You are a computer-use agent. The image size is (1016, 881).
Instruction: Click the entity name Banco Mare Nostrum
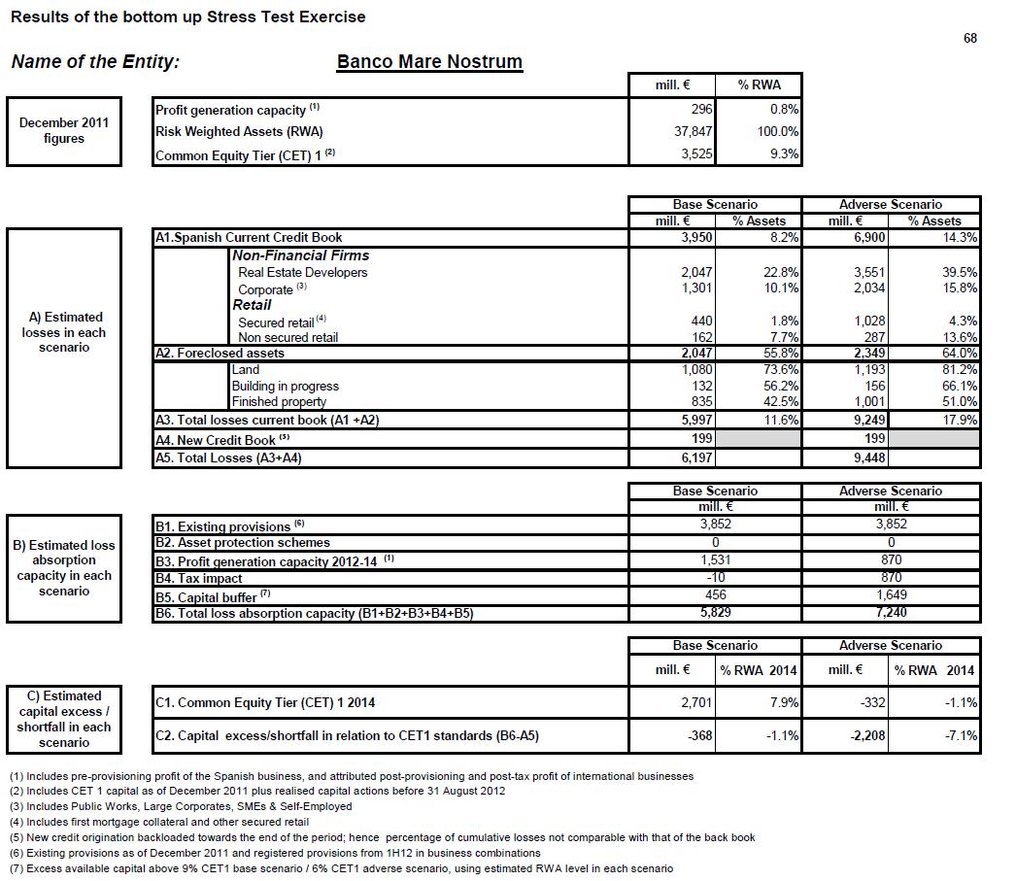pos(429,62)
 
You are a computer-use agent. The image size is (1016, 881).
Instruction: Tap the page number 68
pos(969,39)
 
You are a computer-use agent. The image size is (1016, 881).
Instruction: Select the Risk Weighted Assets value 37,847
pos(694,131)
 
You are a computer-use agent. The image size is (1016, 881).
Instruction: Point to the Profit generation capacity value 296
pos(702,110)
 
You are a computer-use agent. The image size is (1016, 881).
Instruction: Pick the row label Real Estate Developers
pos(303,273)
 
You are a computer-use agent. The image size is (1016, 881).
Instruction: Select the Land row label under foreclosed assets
pos(246,369)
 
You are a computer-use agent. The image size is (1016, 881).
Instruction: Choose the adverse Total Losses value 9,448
pos(869,457)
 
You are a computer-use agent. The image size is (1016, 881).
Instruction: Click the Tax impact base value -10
pos(715,577)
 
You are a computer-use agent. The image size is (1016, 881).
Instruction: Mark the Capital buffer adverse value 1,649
pos(891,594)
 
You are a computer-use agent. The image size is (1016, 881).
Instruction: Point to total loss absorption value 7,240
pos(891,613)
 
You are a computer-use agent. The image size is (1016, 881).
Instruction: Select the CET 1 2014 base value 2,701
pos(696,702)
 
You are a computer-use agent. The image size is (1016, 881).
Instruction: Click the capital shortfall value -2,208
pos(867,735)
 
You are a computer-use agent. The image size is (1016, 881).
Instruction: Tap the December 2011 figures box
pos(64,131)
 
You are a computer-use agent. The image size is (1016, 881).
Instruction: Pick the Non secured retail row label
pos(288,337)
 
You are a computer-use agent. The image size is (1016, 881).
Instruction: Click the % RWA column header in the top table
pos(758,85)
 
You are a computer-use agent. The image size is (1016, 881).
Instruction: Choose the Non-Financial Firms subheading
pos(300,255)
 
